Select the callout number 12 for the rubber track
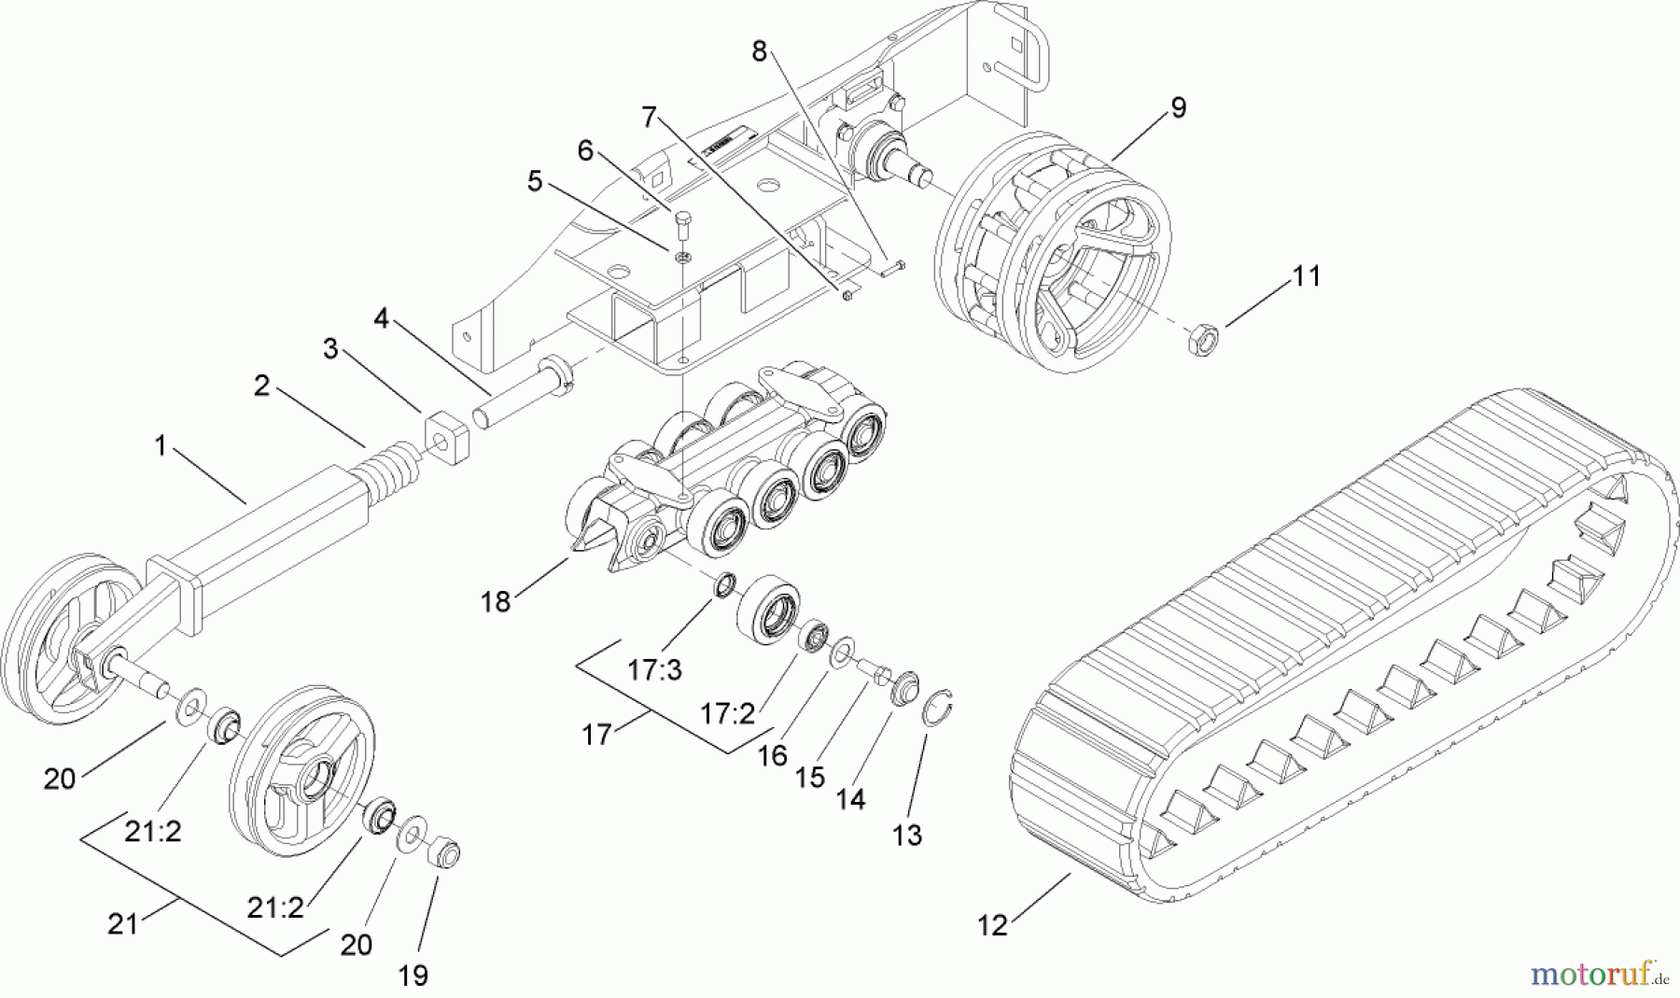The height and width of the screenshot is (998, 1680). pyautogui.click(x=993, y=925)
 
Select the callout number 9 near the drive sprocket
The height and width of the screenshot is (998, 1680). pyautogui.click(x=1178, y=107)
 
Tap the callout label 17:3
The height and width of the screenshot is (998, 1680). pyautogui.click(x=655, y=669)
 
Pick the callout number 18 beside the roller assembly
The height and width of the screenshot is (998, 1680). pyautogui.click(x=496, y=602)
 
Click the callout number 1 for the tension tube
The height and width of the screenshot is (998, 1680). pyautogui.click(x=160, y=446)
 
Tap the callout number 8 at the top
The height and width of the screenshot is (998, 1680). pyautogui.click(x=759, y=51)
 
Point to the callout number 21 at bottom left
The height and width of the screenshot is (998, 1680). pyautogui.click(x=122, y=924)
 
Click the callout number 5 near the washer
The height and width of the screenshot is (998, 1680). pyautogui.click(x=534, y=181)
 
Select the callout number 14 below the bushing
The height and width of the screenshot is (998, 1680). pyautogui.click(x=850, y=799)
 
